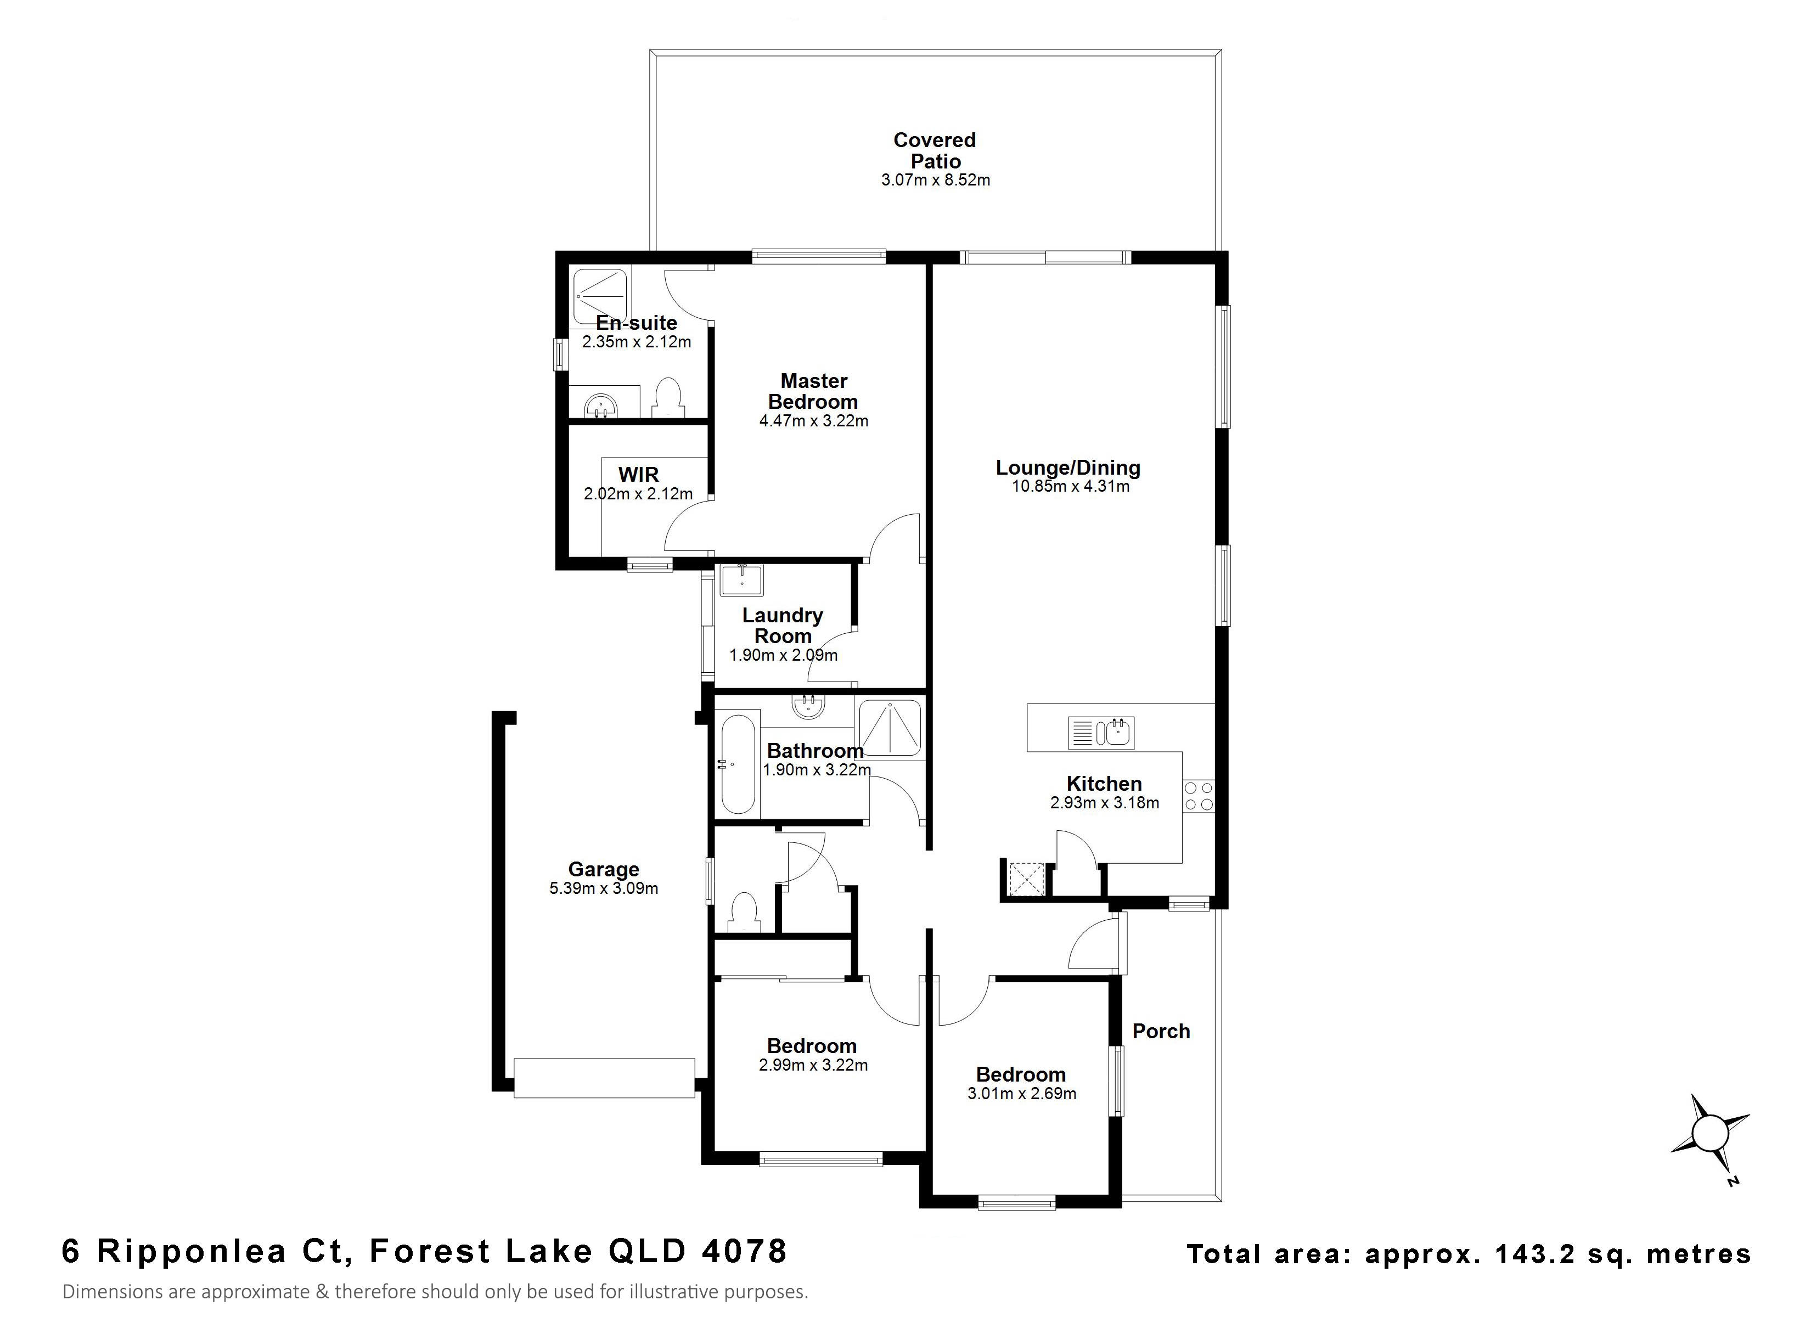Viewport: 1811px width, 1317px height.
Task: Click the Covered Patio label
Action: pos(935,150)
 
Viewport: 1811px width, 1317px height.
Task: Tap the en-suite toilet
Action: pos(667,397)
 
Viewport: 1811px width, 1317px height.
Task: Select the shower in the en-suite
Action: pos(600,297)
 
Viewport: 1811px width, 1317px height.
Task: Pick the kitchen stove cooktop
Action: pos(1199,796)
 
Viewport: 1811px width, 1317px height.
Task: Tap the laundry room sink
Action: pos(742,581)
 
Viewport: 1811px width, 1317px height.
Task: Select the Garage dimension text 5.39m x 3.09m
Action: pos(604,888)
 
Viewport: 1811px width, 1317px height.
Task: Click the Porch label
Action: pos(1161,1031)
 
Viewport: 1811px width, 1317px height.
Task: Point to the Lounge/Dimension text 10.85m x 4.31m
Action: pos(1071,486)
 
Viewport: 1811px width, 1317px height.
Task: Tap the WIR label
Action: pos(638,475)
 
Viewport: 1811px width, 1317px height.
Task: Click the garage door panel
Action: pos(604,1078)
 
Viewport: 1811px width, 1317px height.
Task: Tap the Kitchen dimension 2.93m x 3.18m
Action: pos(1104,803)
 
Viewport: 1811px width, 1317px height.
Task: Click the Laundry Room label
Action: pos(783,626)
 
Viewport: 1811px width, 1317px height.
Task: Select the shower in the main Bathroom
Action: pos(888,727)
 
